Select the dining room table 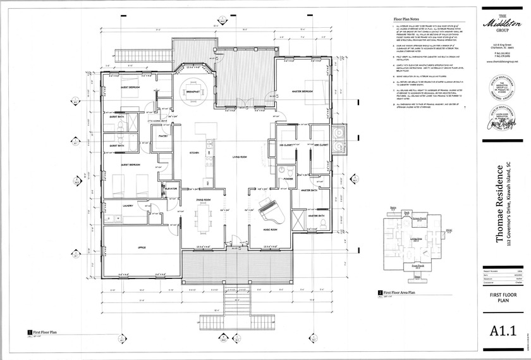203,218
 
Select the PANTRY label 162,135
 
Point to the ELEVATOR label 170,188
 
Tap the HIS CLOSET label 286,145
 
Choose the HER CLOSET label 319,145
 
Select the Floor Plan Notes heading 408,20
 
